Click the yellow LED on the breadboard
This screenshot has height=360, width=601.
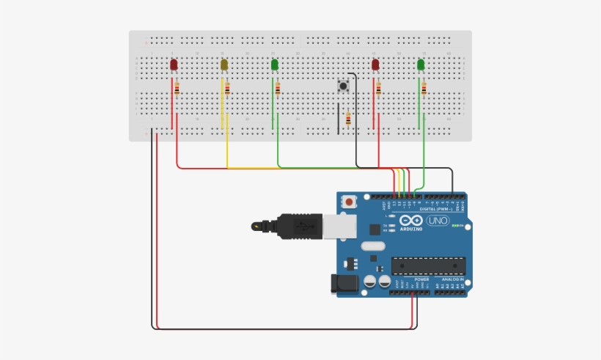coord(224,65)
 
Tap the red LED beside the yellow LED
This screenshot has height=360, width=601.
coord(174,65)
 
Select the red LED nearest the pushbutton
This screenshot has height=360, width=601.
coord(375,65)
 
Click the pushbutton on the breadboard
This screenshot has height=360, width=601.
coord(342,87)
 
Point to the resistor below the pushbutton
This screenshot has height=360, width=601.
coord(348,120)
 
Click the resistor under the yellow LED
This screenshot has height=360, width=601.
coord(227,89)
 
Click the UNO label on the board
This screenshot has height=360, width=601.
coord(438,221)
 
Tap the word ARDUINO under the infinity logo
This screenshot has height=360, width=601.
coord(411,229)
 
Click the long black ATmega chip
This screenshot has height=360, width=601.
coord(428,265)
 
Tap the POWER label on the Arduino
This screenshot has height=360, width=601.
coord(421,279)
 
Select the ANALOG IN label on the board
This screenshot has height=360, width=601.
coord(452,279)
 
